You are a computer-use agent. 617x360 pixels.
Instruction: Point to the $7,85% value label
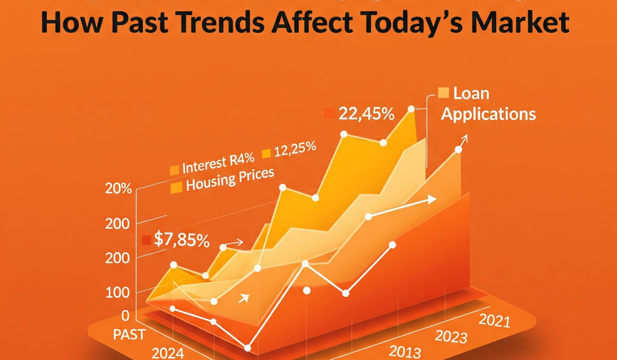tap(181, 240)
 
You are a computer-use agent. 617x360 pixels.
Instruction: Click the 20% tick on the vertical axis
tap(118, 189)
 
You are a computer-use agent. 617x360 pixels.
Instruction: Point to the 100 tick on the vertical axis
tap(118, 292)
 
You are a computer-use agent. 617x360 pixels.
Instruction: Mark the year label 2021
tap(494, 321)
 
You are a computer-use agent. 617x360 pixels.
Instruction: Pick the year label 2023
tap(451, 337)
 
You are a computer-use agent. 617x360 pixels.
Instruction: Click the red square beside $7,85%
tap(147, 240)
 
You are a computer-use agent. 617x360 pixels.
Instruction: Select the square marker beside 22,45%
tap(329, 113)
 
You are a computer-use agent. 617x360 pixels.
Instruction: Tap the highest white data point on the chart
tap(411, 109)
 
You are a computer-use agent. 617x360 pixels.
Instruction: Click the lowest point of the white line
tap(248, 348)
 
